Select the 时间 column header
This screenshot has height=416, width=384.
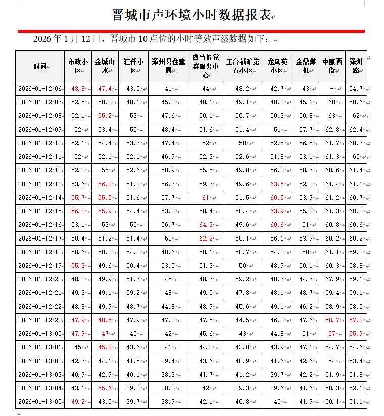tap(40, 66)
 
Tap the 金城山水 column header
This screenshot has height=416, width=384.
tap(105, 66)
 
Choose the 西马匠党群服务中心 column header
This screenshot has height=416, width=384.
tap(205, 66)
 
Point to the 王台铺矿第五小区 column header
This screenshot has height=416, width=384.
tap(243, 66)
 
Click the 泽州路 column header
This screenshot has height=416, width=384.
tap(356, 66)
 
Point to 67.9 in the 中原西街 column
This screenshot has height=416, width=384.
tap(331, 279)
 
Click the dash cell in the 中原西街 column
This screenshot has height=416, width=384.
tap(331, 89)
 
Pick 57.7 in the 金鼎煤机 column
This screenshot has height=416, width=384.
tap(305, 130)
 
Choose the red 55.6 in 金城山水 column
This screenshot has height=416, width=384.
tap(105, 388)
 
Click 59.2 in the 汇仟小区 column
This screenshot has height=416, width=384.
tap(132, 293)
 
